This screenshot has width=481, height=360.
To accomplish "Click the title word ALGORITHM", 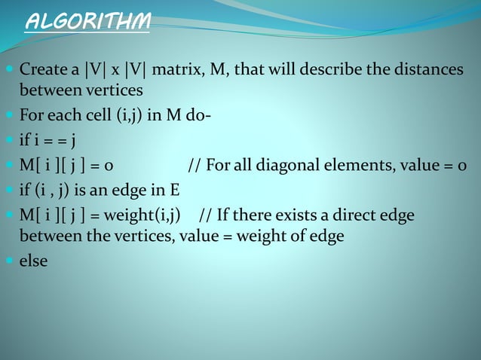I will [x=87, y=22].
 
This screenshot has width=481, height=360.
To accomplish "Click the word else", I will [x=33, y=261].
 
